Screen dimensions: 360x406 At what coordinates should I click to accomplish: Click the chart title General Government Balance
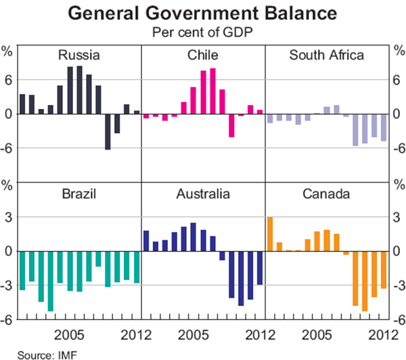tap(202, 13)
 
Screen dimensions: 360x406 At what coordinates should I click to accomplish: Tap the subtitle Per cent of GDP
tap(202, 31)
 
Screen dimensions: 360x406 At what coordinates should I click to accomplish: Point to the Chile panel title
tap(203, 55)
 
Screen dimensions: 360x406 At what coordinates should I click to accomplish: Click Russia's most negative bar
tap(108, 131)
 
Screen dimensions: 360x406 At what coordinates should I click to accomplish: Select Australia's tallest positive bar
tap(194, 237)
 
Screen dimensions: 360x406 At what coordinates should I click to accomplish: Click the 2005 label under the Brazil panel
tap(70, 335)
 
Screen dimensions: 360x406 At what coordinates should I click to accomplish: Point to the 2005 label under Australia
tap(194, 335)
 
